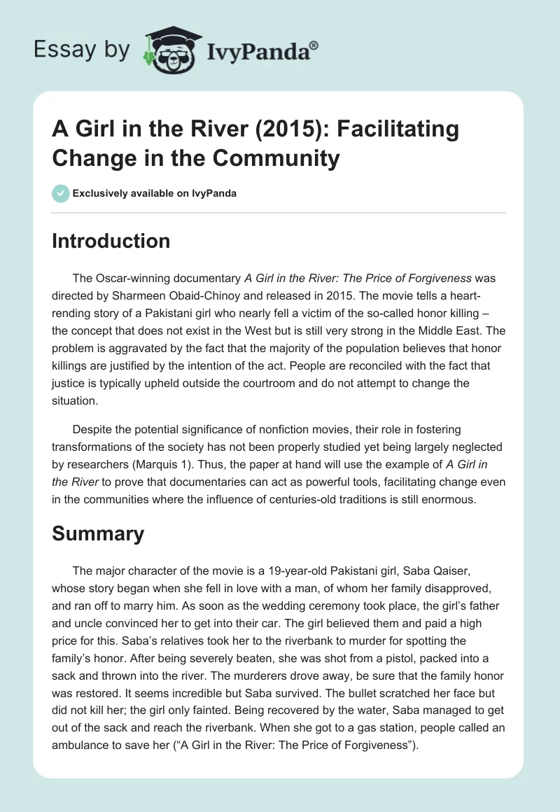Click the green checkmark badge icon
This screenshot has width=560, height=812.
pyautogui.click(x=61, y=194)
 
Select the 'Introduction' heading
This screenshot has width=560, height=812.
pyautogui.click(x=111, y=241)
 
